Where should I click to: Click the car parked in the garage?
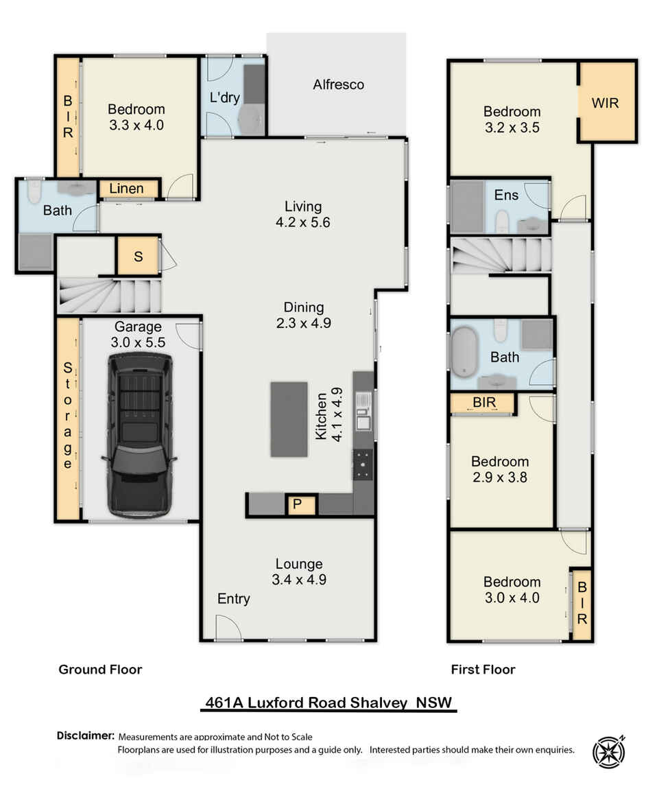pos(139,435)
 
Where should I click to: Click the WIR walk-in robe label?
pos(606,103)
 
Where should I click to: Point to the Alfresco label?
pos(339,85)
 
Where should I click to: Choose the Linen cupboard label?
pos(127,189)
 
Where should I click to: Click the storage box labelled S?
pos(138,257)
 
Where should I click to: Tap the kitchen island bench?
pos(289,419)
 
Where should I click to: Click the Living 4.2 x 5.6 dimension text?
pos(303,214)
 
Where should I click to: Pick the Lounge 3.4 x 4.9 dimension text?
pos(299,572)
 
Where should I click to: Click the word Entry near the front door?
pos(233,599)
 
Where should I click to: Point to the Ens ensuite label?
pos(506,196)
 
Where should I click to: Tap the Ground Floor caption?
pos(100,670)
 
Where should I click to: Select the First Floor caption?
pos(483,670)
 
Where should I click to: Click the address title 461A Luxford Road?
pos(331,703)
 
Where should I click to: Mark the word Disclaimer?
pos(85,735)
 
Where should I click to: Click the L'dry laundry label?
pos(225,97)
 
